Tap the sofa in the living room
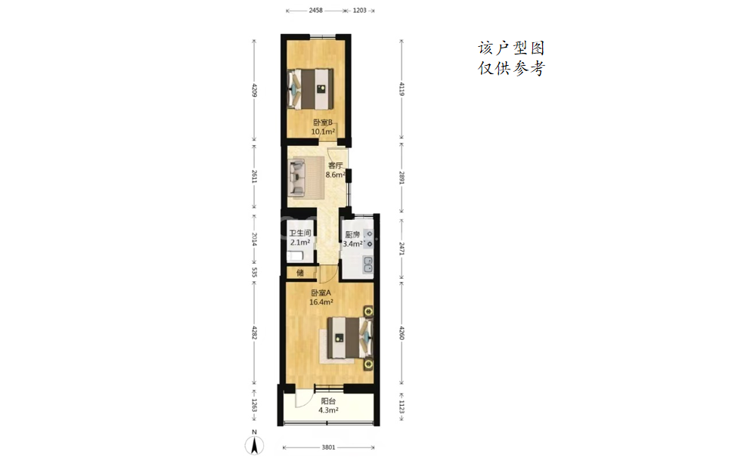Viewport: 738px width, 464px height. click(297, 177)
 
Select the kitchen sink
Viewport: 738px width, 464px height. click(367, 265)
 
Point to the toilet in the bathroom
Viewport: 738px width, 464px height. click(296, 256)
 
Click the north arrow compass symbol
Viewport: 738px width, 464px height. click(254, 445)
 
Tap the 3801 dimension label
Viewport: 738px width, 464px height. click(328, 447)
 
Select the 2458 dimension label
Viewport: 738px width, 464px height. click(316, 11)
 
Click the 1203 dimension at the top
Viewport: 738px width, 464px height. click(360, 11)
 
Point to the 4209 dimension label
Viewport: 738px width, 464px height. click(255, 91)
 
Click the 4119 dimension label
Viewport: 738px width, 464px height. click(402, 89)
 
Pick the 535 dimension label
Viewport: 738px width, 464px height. click(255, 272)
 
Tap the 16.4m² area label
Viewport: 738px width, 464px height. click(321, 302)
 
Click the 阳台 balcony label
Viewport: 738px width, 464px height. click(328, 401)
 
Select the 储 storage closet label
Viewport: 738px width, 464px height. click(299, 273)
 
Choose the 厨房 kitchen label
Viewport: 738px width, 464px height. click(352, 235)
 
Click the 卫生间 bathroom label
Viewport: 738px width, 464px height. click(299, 233)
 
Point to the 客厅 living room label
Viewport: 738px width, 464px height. click(335, 165)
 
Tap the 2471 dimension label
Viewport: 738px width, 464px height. click(402, 249)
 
